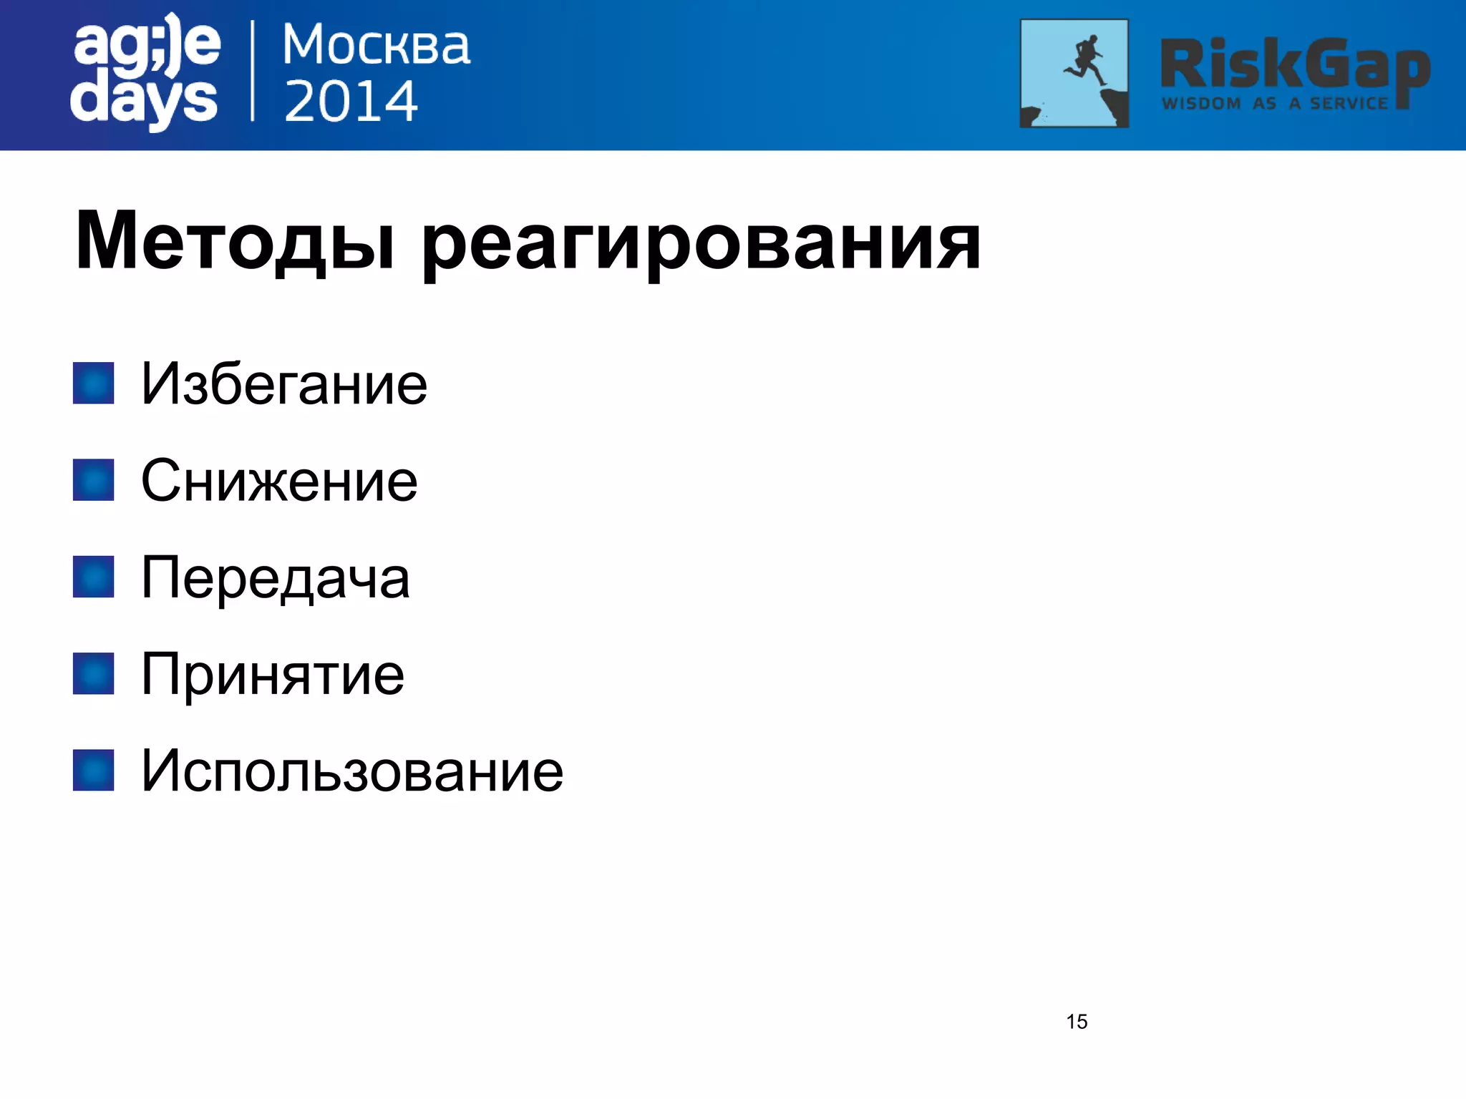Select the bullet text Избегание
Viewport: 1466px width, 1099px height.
point(284,384)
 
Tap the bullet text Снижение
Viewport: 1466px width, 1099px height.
point(279,481)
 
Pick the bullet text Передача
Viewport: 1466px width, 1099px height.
point(276,578)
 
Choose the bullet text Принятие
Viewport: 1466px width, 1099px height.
point(273,675)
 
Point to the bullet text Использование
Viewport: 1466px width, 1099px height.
point(352,771)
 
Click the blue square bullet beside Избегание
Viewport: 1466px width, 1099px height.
point(94,384)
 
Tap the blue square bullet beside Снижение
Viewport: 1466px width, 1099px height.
point(94,480)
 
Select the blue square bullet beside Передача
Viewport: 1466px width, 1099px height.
point(94,577)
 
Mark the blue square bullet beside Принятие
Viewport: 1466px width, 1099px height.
point(94,674)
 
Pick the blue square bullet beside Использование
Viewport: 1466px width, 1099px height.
point(94,771)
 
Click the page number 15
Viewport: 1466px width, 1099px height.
point(1077,1022)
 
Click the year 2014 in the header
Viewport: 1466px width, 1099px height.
point(351,101)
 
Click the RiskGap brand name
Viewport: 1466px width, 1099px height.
point(1294,66)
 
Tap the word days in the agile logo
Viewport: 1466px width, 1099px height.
point(144,101)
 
